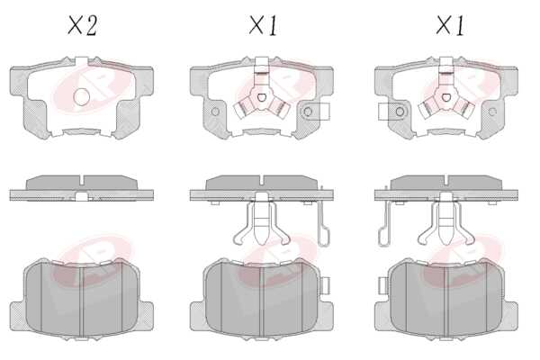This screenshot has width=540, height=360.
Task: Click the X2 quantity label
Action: click(x=82, y=25)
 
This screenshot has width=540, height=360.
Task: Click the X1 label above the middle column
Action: click(x=264, y=25)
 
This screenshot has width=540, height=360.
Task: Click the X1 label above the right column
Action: click(x=450, y=25)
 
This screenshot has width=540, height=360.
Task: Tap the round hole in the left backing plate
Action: click(x=82, y=97)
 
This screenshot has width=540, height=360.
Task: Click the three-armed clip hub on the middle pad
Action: click(x=261, y=97)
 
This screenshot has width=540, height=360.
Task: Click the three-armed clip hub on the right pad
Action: click(x=446, y=97)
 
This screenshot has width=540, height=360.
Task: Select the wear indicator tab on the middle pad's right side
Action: click(x=315, y=112)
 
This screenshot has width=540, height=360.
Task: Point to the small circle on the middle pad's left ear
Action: click(x=215, y=112)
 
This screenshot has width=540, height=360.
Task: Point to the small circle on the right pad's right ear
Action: click(x=492, y=112)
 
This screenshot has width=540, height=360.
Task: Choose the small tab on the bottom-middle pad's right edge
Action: click(x=326, y=286)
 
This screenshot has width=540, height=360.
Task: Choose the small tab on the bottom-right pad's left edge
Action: click(x=382, y=286)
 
